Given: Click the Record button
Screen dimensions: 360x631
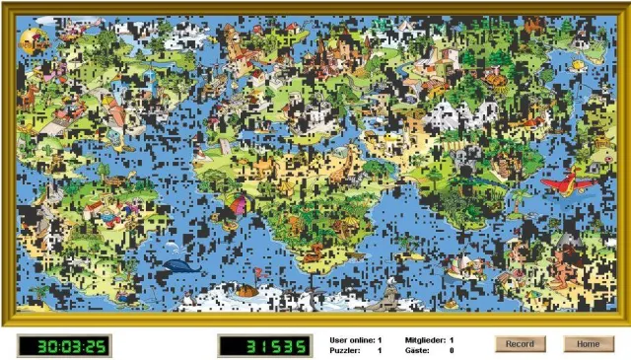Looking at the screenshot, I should click(520, 344).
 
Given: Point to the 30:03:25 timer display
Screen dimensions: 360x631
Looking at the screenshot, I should click(64, 346).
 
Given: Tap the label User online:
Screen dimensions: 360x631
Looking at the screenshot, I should click(351, 339).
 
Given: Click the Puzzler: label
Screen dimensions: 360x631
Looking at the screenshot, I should click(346, 350).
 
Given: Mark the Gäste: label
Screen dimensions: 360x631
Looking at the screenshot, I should click(419, 350).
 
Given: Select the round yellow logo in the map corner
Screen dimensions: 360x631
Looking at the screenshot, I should click(35, 40).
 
